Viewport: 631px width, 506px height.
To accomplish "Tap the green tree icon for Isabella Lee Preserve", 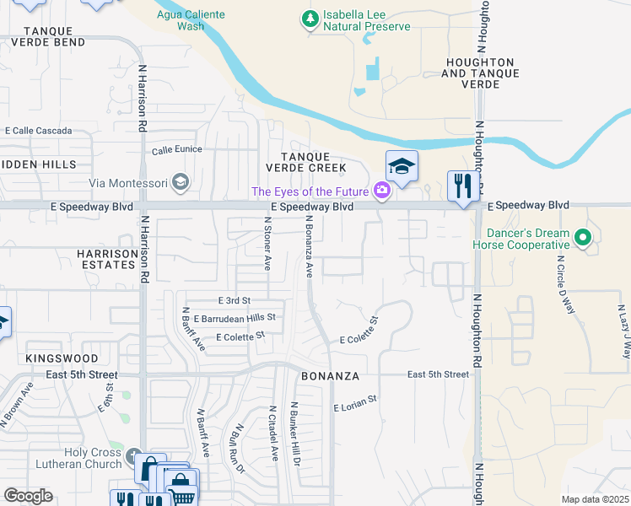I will click(x=311, y=17).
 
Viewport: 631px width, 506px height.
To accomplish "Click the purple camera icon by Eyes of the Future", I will click(x=382, y=191).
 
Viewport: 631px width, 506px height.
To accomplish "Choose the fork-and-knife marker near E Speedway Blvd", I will click(x=462, y=185).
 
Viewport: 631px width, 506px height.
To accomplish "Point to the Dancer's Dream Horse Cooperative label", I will click(x=528, y=239).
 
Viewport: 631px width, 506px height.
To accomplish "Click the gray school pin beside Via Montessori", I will click(x=179, y=181).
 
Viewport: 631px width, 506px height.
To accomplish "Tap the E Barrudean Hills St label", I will click(x=235, y=318).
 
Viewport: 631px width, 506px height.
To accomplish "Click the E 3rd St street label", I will click(x=235, y=300).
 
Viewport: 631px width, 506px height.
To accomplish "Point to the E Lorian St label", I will click(x=355, y=407).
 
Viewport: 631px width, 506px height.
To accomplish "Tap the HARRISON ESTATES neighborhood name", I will click(x=106, y=259).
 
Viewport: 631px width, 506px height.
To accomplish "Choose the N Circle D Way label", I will click(x=565, y=293).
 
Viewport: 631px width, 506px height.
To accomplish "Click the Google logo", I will click(x=28, y=496).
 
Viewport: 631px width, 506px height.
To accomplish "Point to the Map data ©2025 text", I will click(x=595, y=499).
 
